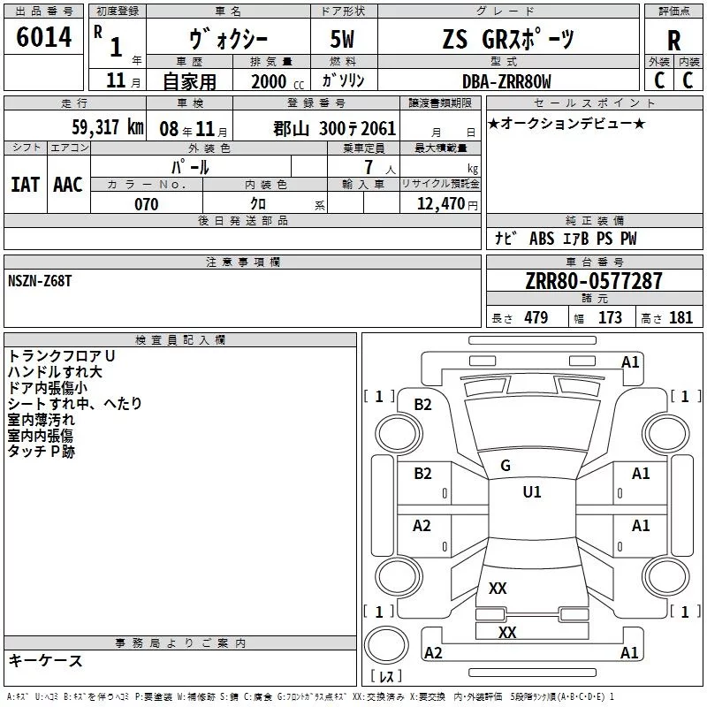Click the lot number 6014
[43, 37]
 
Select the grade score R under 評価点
[673, 41]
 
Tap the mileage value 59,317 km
[108, 127]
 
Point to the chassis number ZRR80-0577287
[594, 280]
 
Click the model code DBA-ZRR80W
[506, 81]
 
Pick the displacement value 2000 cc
[277, 81]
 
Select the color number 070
[147, 204]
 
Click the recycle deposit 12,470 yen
[447, 204]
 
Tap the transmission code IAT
[26, 185]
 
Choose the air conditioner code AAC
[68, 185]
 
